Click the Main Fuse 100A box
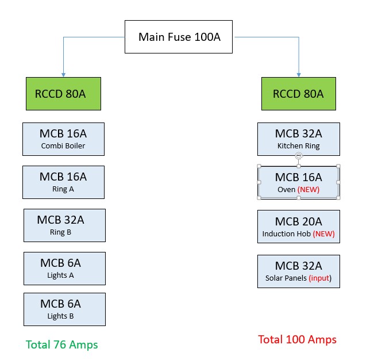click(x=179, y=37)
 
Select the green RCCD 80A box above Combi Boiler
click(x=63, y=94)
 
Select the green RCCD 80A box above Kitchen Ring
click(x=298, y=94)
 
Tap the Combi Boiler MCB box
click(x=63, y=139)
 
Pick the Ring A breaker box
click(x=63, y=182)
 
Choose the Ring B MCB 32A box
click(x=64, y=225)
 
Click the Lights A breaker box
click(x=64, y=268)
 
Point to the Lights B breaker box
click(x=64, y=309)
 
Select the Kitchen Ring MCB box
click(x=298, y=139)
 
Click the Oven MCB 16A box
click(x=298, y=182)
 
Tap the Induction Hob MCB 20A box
click(x=298, y=226)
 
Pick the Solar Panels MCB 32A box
click(x=298, y=271)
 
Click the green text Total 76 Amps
click(x=62, y=345)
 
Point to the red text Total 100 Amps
click(x=297, y=339)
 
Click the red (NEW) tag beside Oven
click(x=308, y=189)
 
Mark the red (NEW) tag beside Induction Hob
click(x=323, y=234)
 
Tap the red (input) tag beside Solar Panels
click(x=321, y=278)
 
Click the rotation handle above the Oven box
click(x=298, y=156)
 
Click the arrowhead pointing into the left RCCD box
click(x=63, y=75)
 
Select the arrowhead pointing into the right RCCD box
click(x=299, y=75)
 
